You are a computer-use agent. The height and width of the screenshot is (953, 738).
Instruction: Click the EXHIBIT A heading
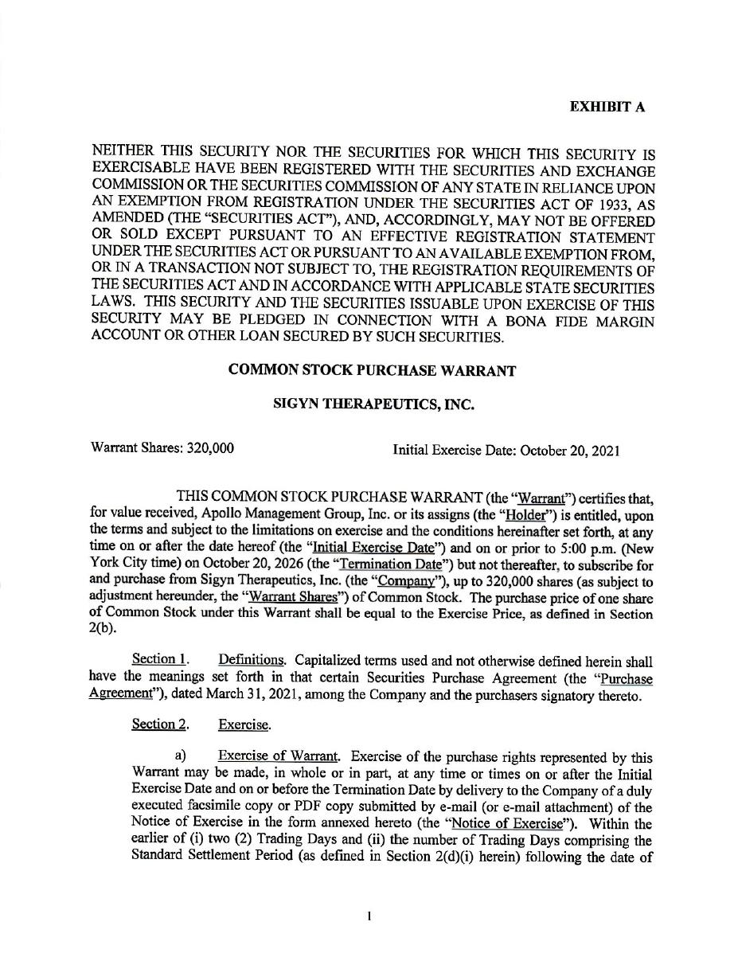coord(607,107)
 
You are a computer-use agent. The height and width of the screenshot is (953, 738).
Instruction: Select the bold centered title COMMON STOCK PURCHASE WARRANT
coord(373,370)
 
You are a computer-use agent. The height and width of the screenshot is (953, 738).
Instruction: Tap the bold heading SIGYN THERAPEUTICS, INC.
coord(373,404)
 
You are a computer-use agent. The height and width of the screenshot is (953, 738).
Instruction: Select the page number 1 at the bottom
coord(370,917)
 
